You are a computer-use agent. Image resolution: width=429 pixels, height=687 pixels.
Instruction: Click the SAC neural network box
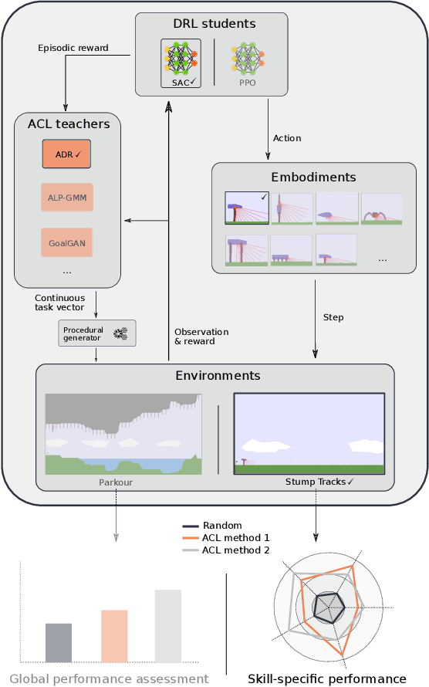tap(181, 63)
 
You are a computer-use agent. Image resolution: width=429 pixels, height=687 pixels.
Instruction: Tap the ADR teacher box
tap(66, 154)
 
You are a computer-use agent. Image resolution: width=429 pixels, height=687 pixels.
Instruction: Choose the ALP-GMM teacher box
tap(66, 198)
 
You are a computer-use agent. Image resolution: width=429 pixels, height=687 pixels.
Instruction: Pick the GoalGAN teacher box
tap(66, 242)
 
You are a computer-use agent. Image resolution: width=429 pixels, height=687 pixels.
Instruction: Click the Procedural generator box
tap(97, 333)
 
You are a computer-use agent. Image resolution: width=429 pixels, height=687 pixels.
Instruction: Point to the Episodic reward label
tap(73, 48)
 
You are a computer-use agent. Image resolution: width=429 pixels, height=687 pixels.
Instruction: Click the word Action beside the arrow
tap(287, 138)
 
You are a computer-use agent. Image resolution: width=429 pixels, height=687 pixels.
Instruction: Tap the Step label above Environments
tap(333, 317)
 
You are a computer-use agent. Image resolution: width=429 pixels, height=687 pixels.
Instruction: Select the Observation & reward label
tap(201, 337)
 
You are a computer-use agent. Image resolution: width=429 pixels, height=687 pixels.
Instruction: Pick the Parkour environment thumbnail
tap(123, 434)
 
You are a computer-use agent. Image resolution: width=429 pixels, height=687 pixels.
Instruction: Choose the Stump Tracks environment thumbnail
tap(309, 433)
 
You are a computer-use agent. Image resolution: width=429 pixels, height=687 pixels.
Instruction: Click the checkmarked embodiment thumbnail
tap(246, 208)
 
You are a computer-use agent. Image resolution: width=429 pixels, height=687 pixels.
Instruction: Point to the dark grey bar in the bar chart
tap(59, 642)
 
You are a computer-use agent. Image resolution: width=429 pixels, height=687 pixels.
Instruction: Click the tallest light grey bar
tap(167, 625)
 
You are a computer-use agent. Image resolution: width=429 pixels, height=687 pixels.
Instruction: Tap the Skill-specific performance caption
tap(326, 679)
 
